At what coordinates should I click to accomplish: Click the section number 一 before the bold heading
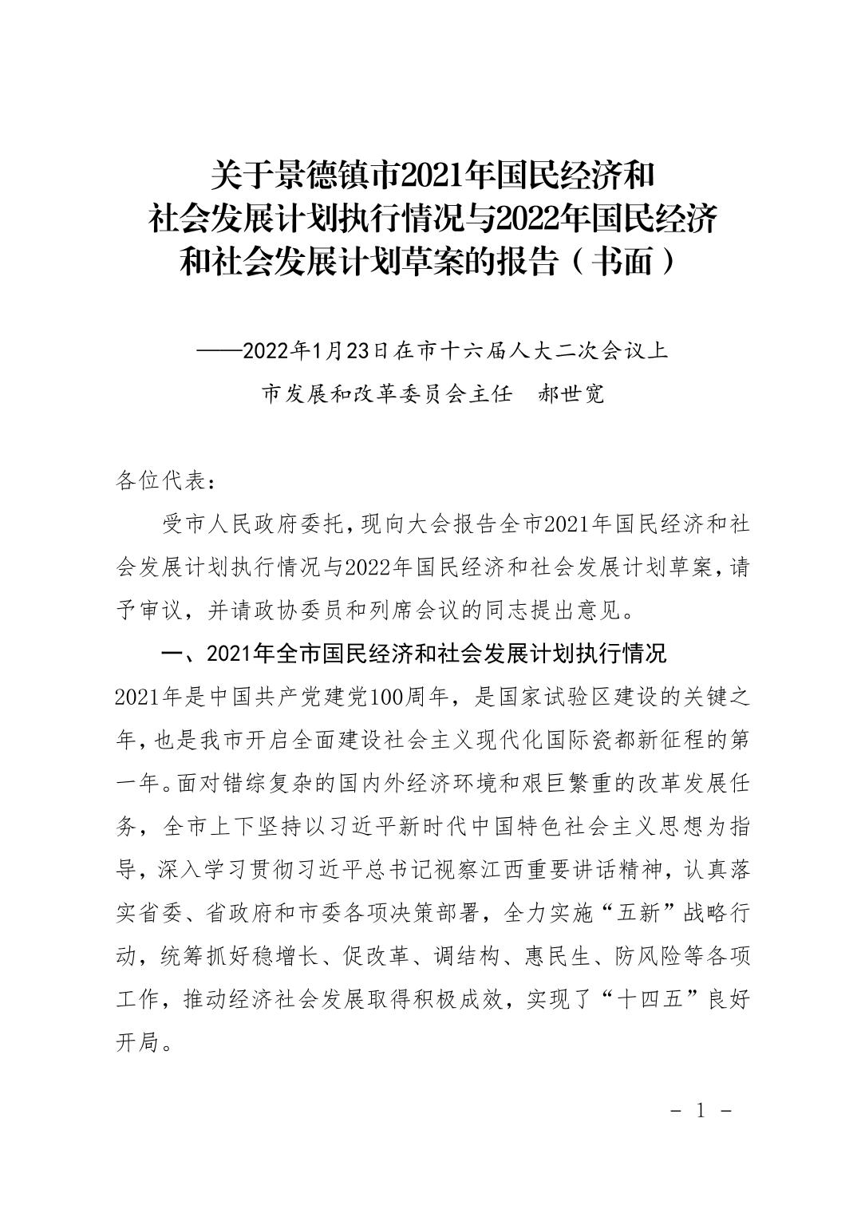(x=171, y=655)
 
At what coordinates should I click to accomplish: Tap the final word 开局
(x=137, y=1042)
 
